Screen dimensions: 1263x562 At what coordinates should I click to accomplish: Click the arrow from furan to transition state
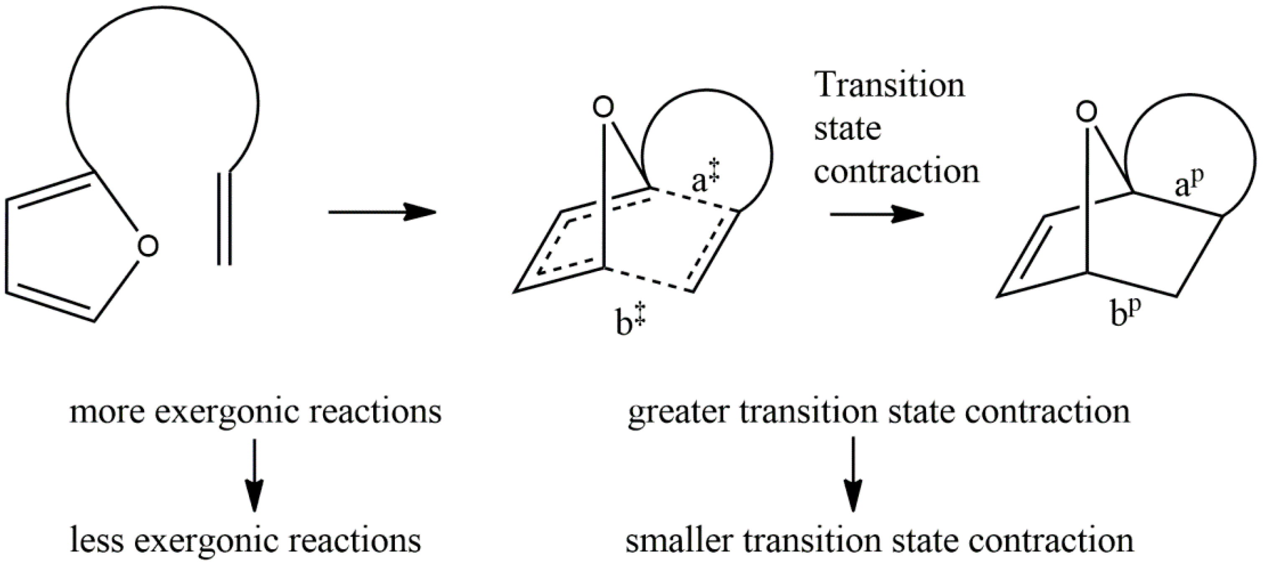point(382,212)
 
